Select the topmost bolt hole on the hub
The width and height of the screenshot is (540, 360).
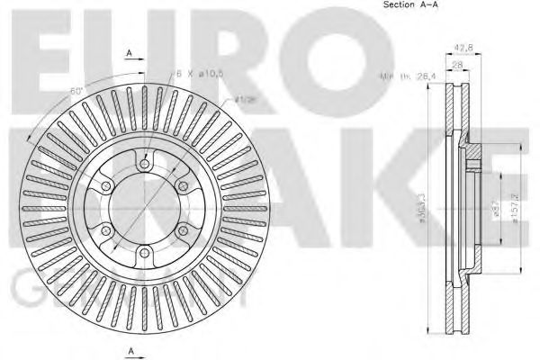pyautogui.click(x=143, y=162)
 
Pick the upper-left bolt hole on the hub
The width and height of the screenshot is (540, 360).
pyautogui.click(x=105, y=186)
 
